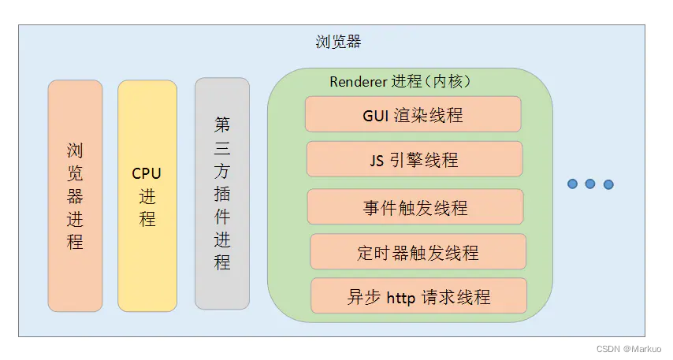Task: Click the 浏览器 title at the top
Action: pyautogui.click(x=338, y=42)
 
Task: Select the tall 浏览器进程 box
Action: pyautogui.click(x=75, y=195)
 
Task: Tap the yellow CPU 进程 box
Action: pyautogui.click(x=147, y=195)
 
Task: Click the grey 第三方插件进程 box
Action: pyautogui.click(x=222, y=194)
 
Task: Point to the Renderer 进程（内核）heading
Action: pyautogui.click(x=400, y=81)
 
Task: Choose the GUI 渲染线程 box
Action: pyautogui.click(x=413, y=114)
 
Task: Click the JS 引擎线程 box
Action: pyautogui.click(x=415, y=159)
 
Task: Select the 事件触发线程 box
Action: pyautogui.click(x=415, y=207)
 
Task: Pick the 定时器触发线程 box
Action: pyautogui.click(x=418, y=251)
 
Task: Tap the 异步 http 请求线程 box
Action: pyautogui.click(x=418, y=295)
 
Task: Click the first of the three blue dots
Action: pyautogui.click(x=572, y=184)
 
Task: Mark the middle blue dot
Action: pyautogui.click(x=590, y=184)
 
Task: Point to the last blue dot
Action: pyautogui.click(x=608, y=184)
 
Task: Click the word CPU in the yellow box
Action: pyautogui.click(x=147, y=174)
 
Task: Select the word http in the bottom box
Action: pyautogui.click(x=401, y=297)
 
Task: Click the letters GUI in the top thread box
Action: pyautogui.click(x=376, y=116)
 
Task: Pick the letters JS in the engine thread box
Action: pyautogui.click(x=377, y=161)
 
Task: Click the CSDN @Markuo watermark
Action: pyautogui.click(x=629, y=349)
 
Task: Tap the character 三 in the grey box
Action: pyautogui.click(x=222, y=148)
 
